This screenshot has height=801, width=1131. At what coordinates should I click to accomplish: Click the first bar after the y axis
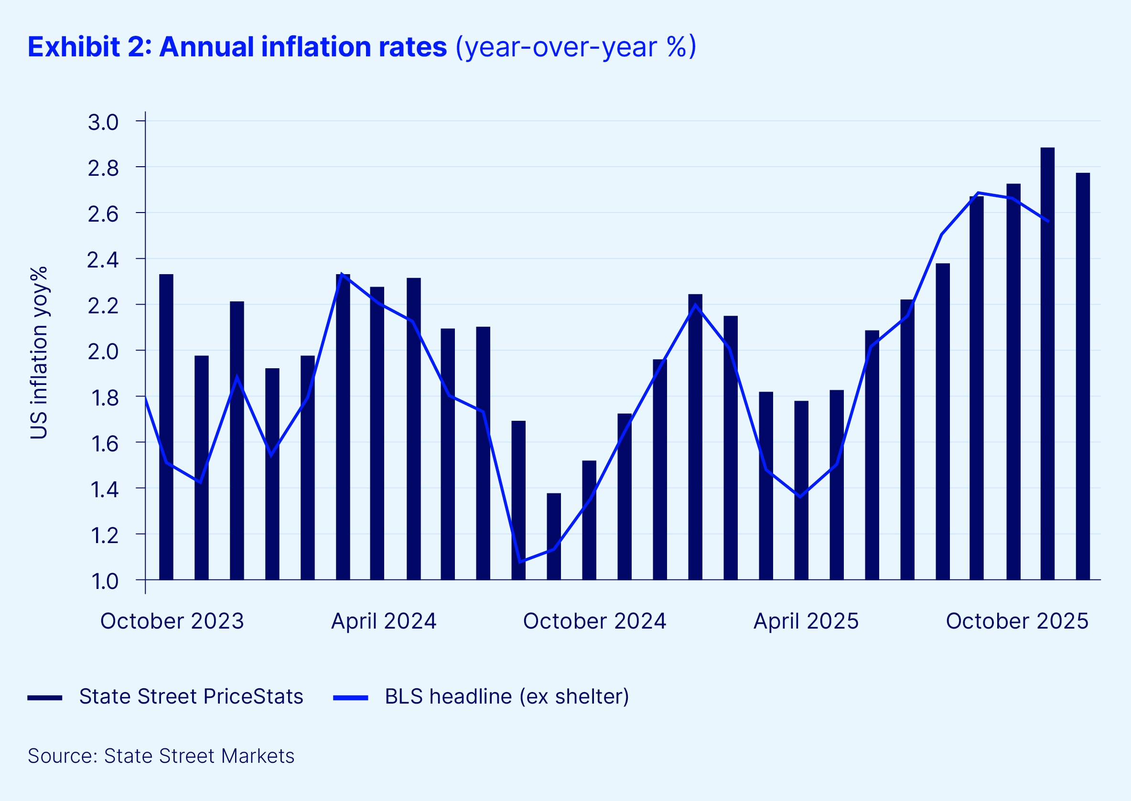(x=166, y=427)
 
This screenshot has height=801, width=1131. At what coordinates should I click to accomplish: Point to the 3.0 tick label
(x=103, y=122)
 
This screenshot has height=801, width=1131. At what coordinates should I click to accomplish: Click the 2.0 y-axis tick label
(x=103, y=352)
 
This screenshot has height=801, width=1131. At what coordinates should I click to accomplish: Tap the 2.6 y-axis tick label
(x=103, y=214)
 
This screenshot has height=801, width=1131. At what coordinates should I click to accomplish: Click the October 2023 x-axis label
(x=172, y=621)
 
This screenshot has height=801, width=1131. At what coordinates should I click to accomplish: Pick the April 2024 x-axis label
(x=383, y=621)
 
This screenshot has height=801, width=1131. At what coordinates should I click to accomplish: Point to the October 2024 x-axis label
(x=594, y=621)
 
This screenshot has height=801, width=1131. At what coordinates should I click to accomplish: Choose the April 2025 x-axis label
(x=806, y=621)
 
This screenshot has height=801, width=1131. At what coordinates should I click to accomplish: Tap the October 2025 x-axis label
(x=1017, y=621)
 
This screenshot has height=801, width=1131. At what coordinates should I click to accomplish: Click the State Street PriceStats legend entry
(x=191, y=696)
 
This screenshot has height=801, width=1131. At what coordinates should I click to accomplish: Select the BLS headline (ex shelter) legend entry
(x=506, y=696)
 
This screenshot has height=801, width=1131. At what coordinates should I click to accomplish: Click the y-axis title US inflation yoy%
(x=39, y=352)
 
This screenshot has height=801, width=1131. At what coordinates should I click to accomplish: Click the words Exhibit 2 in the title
(x=89, y=47)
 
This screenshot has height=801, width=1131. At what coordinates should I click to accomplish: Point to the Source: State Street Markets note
(x=161, y=756)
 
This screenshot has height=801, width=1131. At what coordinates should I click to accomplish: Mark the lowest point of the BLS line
(x=520, y=562)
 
